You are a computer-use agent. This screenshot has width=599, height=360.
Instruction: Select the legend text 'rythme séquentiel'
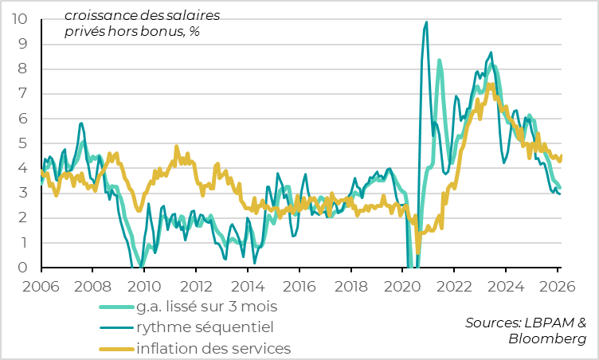(206, 327)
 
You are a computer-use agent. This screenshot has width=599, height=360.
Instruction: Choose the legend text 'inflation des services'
(214, 348)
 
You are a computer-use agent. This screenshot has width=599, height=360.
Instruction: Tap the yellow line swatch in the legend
(115, 349)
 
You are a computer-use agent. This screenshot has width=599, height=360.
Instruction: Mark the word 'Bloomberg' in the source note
(547, 339)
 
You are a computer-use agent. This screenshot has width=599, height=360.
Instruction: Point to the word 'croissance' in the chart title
(101, 15)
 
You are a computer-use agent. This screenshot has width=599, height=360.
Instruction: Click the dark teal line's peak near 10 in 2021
(426, 22)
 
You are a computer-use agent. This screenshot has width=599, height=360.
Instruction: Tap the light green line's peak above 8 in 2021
(439, 60)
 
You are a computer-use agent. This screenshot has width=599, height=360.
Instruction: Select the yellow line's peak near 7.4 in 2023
(491, 84)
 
